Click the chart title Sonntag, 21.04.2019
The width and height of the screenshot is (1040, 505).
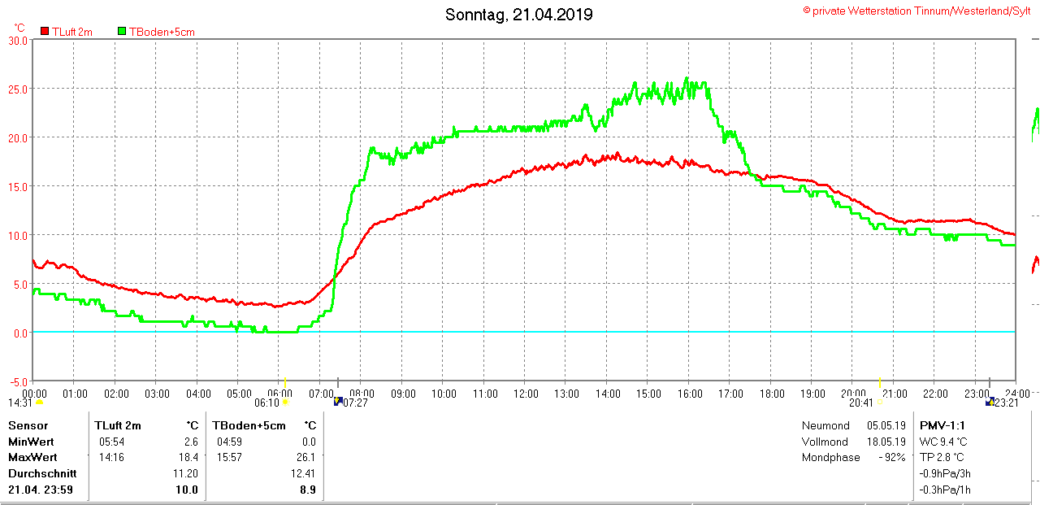coord(519,15)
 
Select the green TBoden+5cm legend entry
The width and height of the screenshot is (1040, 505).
coord(156,32)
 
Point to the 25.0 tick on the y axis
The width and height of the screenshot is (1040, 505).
coord(17,89)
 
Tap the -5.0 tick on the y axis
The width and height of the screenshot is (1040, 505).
coord(17,381)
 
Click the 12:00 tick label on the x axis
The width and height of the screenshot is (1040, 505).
coord(526,394)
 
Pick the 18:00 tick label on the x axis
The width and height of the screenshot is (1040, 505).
coord(772,394)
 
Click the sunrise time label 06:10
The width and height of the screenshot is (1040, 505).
coord(266,403)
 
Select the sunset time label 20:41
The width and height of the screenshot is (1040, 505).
coord(861,403)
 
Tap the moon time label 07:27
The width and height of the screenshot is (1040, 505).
coord(356,403)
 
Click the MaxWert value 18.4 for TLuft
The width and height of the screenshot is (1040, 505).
coord(188,458)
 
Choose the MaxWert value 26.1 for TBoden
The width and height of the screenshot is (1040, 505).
coord(307,458)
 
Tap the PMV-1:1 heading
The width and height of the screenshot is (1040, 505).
coord(942,425)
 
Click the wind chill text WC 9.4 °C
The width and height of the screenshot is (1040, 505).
coord(943,442)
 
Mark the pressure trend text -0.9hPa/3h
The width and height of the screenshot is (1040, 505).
coord(945,473)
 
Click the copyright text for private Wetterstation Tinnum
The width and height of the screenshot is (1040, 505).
coord(917,11)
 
